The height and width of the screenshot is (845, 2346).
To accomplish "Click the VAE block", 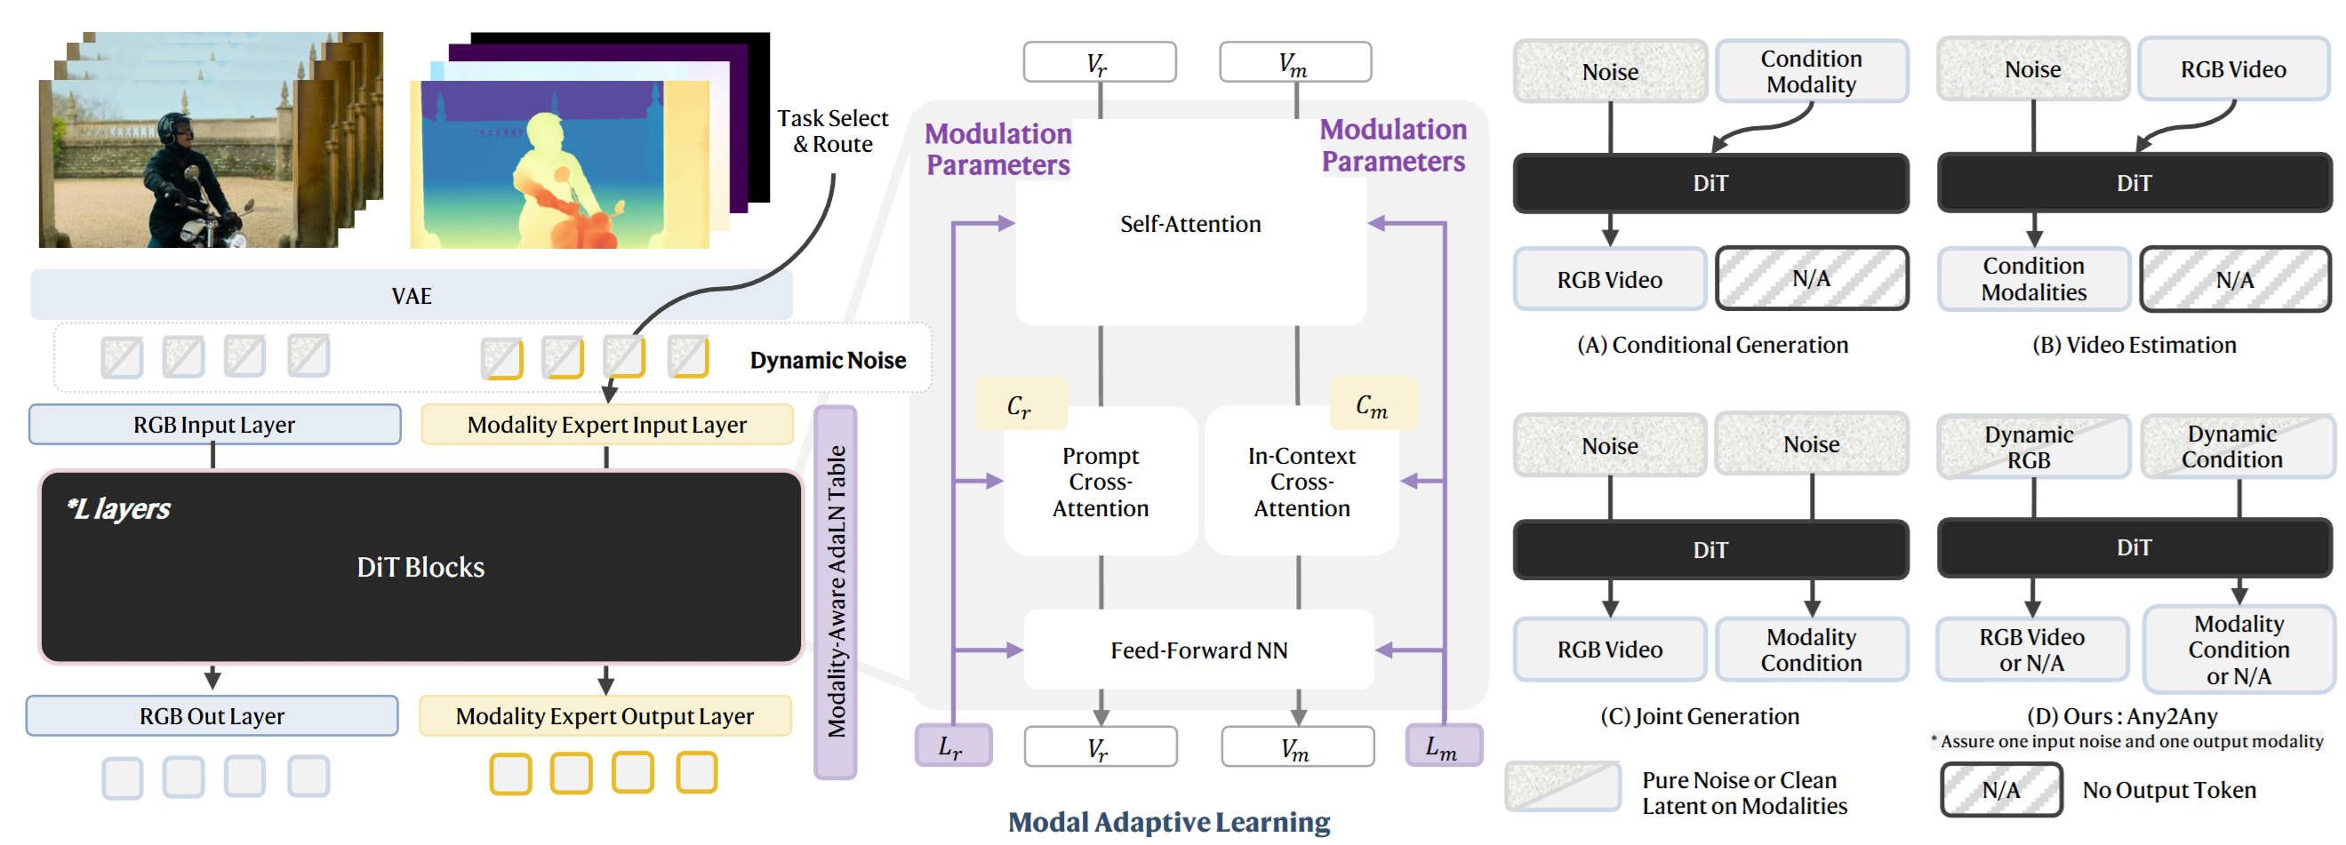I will (411, 296).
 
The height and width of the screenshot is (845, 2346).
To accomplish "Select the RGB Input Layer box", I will (214, 425).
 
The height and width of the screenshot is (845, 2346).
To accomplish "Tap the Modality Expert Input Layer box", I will (606, 425).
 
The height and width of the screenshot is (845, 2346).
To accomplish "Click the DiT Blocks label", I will (420, 567).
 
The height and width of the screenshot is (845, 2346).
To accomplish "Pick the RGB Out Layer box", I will (212, 715).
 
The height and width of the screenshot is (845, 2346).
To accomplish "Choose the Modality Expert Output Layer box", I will (605, 715).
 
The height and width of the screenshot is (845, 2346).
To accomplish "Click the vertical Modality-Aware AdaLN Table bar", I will (835, 592).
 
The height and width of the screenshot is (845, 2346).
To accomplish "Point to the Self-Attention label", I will (1189, 224).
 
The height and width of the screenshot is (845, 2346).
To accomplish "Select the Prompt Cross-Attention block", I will (1101, 482).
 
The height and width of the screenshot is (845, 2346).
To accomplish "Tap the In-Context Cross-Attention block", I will (1301, 482).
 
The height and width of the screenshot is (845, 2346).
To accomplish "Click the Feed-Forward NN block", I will (1198, 650).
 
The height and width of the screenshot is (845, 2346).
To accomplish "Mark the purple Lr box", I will (952, 745).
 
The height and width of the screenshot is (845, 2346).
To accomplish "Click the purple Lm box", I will (1443, 745).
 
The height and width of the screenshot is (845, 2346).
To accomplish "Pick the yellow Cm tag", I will (1373, 404).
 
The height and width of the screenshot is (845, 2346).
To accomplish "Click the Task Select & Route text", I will (832, 132).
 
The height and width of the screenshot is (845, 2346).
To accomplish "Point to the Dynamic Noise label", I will (828, 361).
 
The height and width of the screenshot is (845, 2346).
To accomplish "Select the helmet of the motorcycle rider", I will (173, 124).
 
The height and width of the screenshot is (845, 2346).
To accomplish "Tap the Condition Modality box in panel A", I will (1811, 71).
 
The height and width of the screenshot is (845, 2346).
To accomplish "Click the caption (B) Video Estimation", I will (2134, 345).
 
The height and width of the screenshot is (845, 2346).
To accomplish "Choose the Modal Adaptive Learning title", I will (1168, 821).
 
